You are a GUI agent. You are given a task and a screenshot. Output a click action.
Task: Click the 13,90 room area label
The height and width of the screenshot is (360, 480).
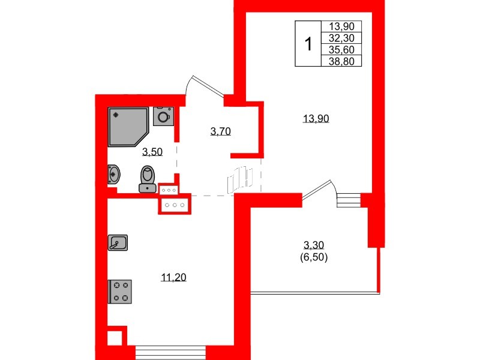click(316, 118)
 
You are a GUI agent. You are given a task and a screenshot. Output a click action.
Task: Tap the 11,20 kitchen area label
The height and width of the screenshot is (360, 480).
click(173, 277)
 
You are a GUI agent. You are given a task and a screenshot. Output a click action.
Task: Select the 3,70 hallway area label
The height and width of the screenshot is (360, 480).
click(220, 131)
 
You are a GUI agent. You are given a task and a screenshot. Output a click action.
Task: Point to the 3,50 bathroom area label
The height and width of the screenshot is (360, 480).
click(152, 152)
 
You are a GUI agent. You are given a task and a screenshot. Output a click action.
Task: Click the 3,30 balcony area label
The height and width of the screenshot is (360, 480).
click(313, 245)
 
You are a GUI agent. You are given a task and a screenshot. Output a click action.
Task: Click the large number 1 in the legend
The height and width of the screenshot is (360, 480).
click(308, 43)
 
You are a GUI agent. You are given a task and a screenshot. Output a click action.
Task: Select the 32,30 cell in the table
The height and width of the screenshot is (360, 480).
click(341, 38)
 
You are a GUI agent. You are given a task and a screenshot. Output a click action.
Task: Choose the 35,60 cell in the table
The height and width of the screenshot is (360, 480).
click(341, 49)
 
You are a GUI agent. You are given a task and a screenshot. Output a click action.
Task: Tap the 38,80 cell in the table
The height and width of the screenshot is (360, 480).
click(341, 61)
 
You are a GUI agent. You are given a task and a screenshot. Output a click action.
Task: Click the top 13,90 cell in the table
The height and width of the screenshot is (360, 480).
click(341, 26)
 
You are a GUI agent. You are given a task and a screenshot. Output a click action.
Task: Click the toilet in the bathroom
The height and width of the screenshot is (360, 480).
click(148, 179)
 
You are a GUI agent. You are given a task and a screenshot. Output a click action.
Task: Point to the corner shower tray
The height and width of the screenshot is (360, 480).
click(128, 127)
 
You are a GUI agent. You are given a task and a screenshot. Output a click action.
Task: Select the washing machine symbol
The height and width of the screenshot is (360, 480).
click(163, 116)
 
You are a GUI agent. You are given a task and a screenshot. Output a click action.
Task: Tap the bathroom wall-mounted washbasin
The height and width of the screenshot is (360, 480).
click(113, 175)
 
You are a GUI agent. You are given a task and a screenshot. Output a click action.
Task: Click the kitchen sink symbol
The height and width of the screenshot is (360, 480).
click(118, 243)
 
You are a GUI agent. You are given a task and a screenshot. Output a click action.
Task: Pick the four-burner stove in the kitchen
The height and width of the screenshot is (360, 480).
click(120, 292)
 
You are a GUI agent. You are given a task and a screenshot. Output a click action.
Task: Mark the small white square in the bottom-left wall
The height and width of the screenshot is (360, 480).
click(115, 338)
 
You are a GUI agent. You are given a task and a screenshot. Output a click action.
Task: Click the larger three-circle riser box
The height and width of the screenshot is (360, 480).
click(175, 205)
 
